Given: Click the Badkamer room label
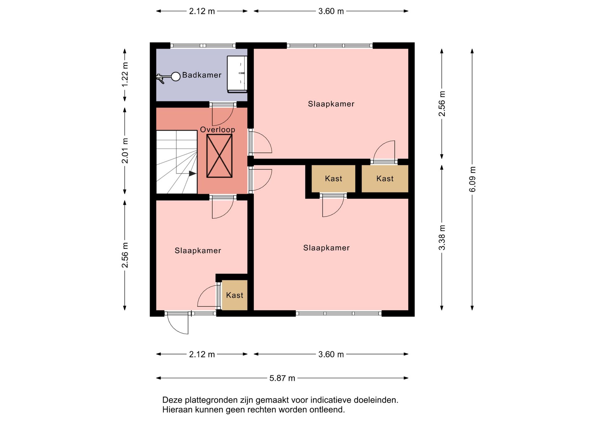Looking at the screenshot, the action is pos(201,75).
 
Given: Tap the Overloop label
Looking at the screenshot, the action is pos(217,130).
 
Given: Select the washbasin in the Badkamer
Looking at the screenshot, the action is pos(237,74).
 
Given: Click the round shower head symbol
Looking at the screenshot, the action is pos(176,76).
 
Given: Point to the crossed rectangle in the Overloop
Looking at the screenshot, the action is pos(220,156).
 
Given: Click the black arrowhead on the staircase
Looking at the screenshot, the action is pos(192,173).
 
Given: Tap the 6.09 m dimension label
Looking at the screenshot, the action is pos(472,179).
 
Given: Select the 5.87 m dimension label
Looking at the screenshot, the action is pos(282,378).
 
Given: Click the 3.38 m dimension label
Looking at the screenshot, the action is pos(442,238).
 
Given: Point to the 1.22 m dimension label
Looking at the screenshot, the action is pos(125,75).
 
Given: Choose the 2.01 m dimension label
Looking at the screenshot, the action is pos(125,151).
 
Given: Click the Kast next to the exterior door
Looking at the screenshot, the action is pos(234,295).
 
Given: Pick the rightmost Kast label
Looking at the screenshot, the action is pos(385,179).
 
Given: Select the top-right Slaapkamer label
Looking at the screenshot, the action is pos(331,104).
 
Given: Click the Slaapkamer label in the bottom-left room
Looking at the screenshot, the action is pos(198,251).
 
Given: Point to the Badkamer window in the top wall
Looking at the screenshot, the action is pos(203,46).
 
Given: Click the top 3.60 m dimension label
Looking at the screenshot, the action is pos(331,11).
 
